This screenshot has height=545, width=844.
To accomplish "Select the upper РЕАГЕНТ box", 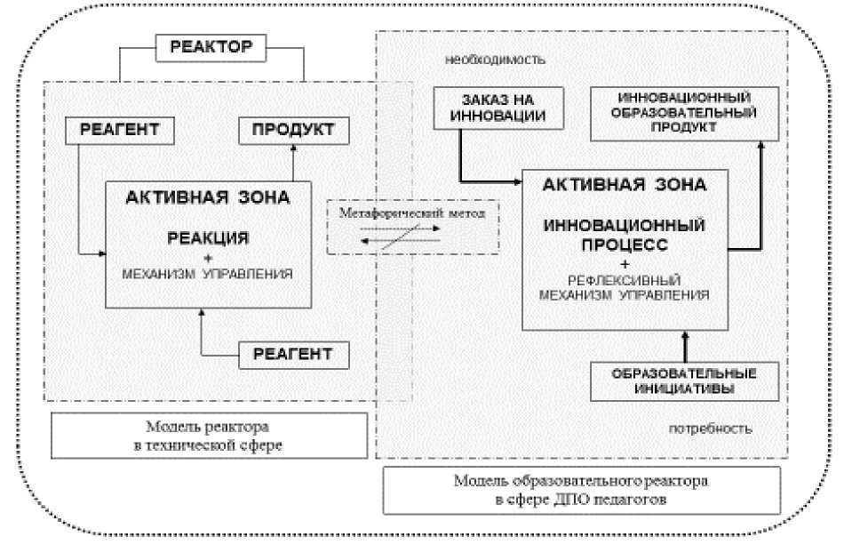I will coord(120,131).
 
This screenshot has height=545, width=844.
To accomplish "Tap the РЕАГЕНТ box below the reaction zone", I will coord(292,354).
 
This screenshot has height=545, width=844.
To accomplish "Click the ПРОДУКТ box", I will coord(292,131).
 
